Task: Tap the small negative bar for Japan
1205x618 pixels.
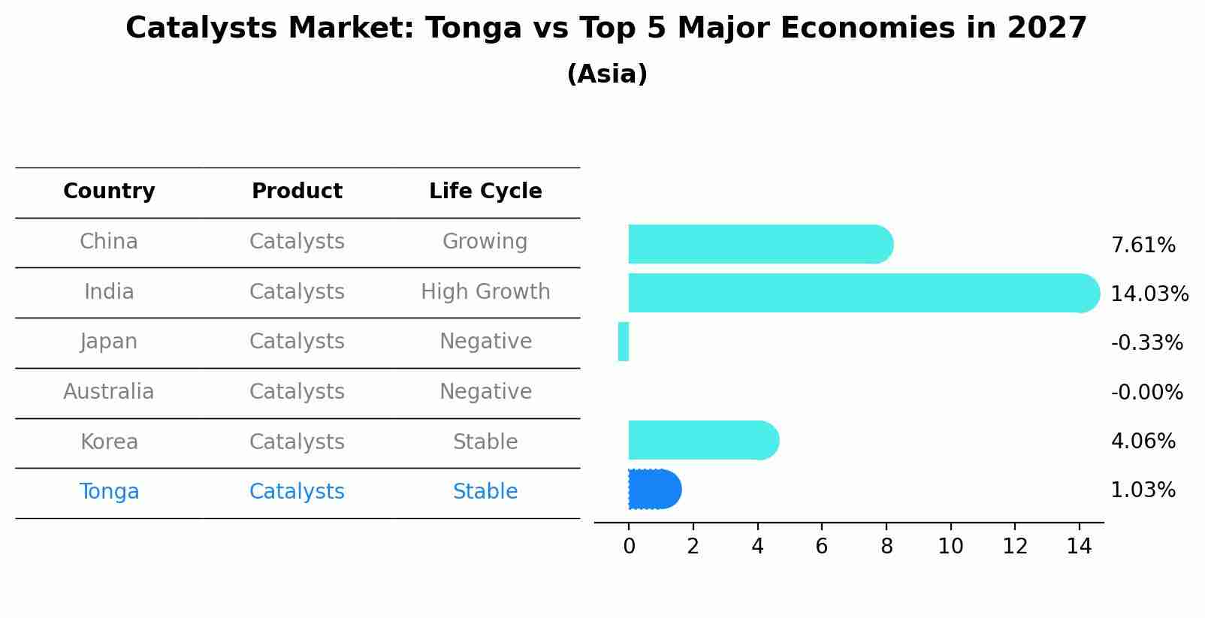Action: tap(624, 342)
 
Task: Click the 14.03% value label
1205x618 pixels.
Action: tap(1149, 294)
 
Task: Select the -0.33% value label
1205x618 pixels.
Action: tap(1146, 343)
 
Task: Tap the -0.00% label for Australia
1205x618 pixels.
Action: tap(1146, 393)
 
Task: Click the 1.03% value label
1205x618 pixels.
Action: tap(1143, 490)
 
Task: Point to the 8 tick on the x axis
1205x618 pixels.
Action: tap(886, 547)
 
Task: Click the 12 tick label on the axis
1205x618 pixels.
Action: tap(1015, 547)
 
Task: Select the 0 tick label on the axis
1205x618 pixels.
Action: tap(629, 547)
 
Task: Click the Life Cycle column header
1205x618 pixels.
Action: tap(485, 191)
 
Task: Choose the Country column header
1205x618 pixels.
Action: tap(109, 191)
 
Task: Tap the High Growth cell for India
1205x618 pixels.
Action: tap(485, 292)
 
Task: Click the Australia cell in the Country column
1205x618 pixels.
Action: tap(109, 392)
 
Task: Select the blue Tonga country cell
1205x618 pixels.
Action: tap(109, 492)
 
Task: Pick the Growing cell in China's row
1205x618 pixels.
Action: tap(485, 242)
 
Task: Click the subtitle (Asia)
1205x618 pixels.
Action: tap(607, 74)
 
